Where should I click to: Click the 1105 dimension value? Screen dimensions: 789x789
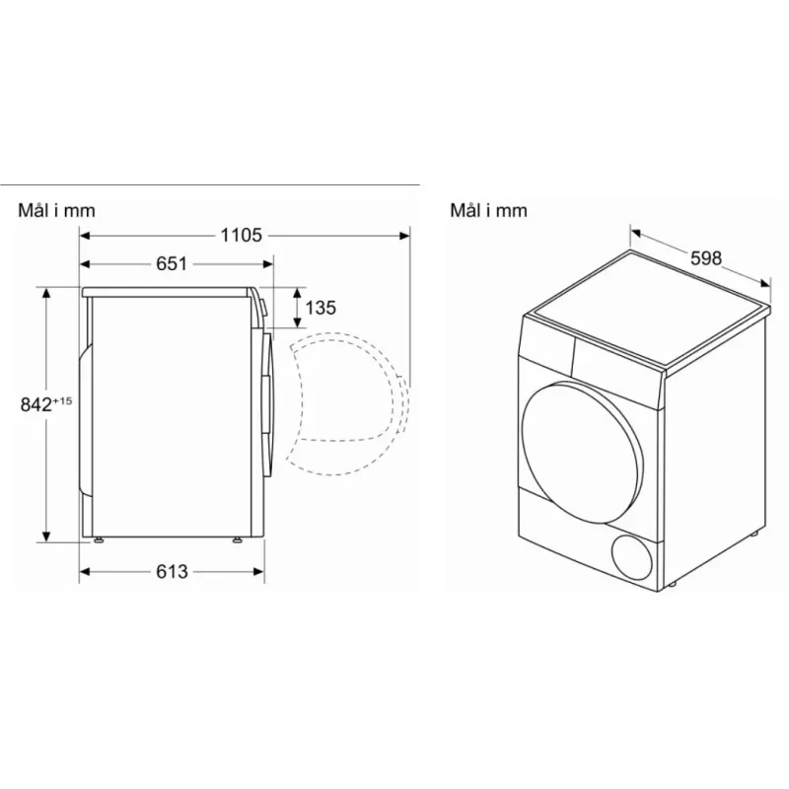tap(241, 235)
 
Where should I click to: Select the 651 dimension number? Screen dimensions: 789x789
tap(171, 263)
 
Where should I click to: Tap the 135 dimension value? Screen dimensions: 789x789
tap(321, 308)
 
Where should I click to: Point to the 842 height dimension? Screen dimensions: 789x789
tap(36, 404)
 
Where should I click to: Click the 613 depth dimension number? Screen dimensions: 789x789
tap(172, 571)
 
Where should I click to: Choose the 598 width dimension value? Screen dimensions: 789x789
tap(706, 258)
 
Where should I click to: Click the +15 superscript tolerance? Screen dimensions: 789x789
tap(62, 400)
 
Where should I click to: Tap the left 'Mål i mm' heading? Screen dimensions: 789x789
tap(56, 210)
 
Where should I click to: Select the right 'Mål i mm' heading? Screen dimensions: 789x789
tap(488, 210)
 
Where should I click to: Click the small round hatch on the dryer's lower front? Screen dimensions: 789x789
tap(633, 557)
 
